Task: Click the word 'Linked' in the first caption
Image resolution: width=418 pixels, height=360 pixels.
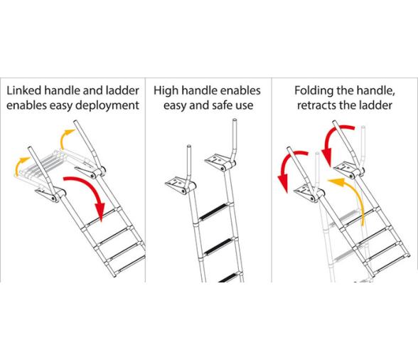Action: [x=24, y=91]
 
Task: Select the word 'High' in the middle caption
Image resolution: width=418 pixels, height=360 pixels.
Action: [x=166, y=91]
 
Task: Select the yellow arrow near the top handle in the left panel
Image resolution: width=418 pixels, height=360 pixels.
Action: [x=65, y=137]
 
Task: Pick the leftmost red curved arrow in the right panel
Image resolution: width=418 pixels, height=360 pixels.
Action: [x=287, y=164]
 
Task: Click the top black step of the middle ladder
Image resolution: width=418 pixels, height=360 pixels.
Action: [x=213, y=211]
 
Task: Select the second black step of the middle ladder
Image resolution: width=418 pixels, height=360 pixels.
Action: [x=219, y=246]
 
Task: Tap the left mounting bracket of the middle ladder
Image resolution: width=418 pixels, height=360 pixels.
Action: [x=177, y=185]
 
